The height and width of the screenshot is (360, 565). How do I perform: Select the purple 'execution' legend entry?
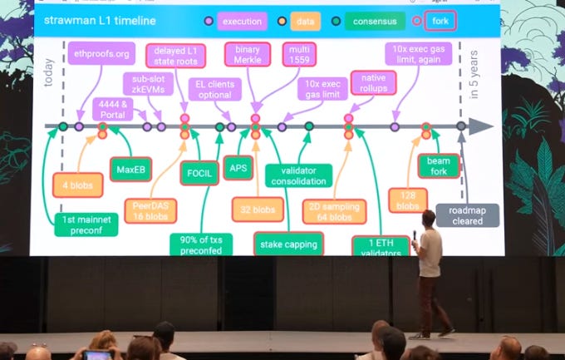(240, 22)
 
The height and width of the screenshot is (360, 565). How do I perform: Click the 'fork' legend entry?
(438, 21)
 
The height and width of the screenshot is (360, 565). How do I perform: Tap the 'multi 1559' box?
(297, 56)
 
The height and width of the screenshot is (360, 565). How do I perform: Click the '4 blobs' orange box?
(77, 185)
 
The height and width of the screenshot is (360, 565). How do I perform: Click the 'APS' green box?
(238, 168)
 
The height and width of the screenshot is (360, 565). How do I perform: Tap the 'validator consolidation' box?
(299, 175)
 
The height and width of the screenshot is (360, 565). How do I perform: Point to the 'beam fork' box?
(438, 165)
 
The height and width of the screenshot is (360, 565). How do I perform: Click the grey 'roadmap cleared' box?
(468, 215)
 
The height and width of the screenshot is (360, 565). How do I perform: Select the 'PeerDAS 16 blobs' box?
(151, 210)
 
